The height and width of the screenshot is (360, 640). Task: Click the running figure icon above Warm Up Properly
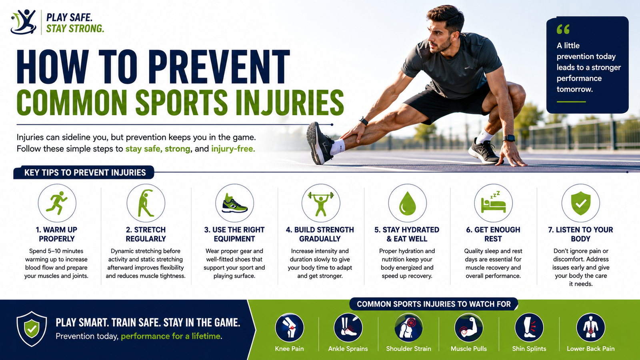[57, 203]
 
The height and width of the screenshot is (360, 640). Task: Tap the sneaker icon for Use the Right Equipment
[234, 203]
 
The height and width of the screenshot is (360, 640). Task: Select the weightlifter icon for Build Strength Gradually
[320, 204]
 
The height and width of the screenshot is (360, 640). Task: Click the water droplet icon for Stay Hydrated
[407, 203]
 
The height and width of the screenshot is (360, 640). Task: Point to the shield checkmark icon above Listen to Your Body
[580, 203]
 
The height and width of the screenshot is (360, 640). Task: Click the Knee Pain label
[290, 348]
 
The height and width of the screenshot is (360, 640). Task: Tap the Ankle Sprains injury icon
[348, 328]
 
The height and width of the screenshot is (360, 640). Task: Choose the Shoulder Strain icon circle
[408, 328]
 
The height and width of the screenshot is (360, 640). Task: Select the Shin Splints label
[529, 348]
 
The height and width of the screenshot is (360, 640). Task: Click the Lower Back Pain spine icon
[590, 328]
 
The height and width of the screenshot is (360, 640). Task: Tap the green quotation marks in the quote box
[563, 30]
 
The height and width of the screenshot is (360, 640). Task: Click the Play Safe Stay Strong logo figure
[24, 22]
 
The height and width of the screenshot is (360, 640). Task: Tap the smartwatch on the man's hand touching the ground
[509, 138]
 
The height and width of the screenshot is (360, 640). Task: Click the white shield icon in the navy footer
[32, 329]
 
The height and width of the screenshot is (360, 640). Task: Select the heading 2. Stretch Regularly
[146, 234]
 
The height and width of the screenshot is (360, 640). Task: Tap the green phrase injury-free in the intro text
[233, 149]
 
